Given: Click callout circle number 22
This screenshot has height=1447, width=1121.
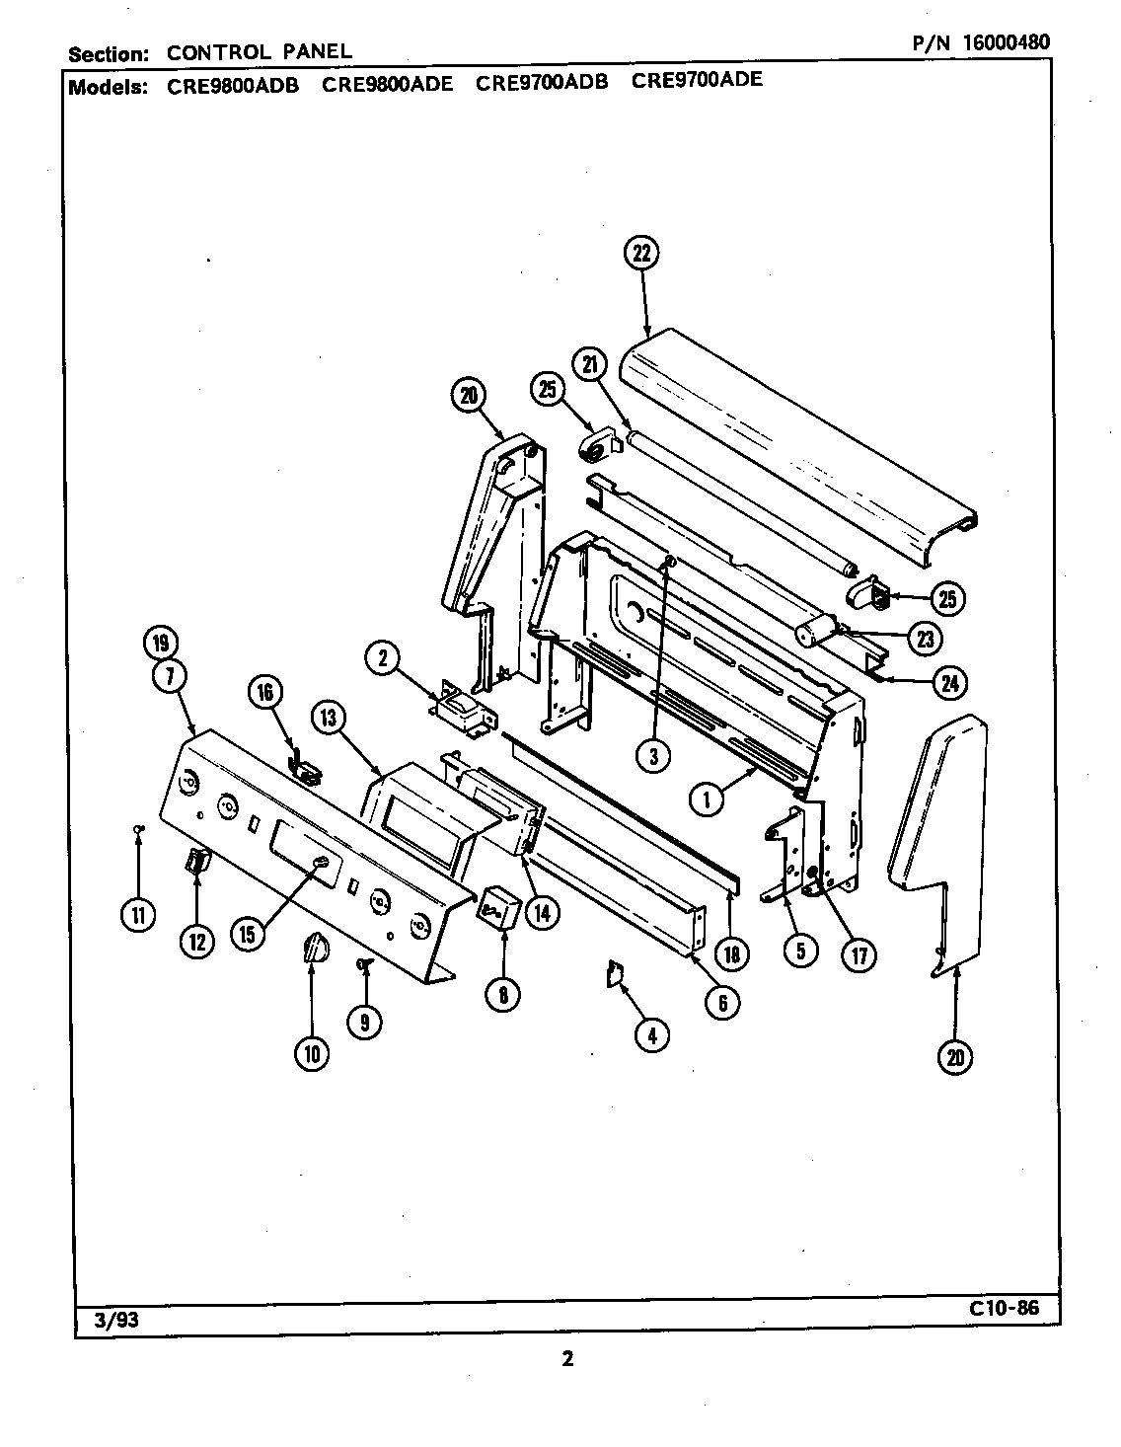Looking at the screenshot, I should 641,253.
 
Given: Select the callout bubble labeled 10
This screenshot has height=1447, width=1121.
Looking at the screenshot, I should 312,1054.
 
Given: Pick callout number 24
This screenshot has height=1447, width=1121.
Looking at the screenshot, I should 949,682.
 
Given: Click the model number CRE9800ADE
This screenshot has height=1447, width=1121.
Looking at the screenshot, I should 388,83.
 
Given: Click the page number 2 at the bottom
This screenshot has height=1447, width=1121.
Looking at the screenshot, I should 567,1359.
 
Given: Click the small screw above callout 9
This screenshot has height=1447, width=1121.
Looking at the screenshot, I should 364,963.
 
